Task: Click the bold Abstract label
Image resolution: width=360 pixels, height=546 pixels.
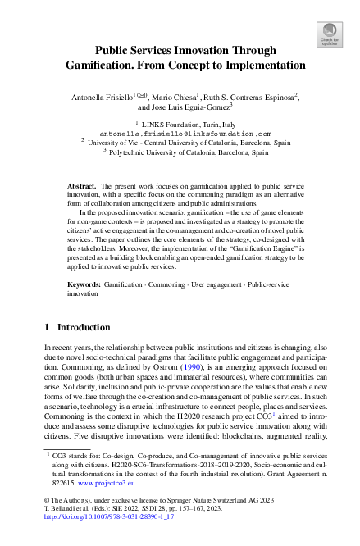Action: (81, 187)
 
